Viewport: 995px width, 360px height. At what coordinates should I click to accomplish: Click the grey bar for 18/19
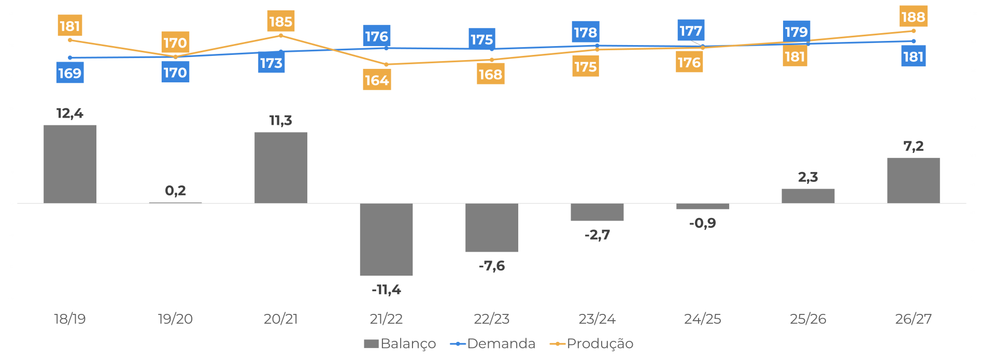[70, 164]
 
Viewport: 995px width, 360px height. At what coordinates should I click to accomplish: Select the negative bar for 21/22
[386, 239]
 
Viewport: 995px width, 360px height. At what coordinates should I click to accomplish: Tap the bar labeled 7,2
[913, 180]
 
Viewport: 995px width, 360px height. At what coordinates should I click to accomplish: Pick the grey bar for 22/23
[492, 227]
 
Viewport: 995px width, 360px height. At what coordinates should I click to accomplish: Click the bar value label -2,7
[597, 235]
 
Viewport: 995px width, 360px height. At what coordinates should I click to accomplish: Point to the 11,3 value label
[281, 121]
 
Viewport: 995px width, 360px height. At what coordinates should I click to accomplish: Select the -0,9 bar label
[702, 223]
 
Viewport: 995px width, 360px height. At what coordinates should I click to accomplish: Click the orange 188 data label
[913, 17]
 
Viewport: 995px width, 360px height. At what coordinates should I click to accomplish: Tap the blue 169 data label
[70, 73]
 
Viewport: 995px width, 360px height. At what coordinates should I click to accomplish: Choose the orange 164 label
[377, 80]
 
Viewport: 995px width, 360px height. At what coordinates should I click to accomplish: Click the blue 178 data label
[586, 33]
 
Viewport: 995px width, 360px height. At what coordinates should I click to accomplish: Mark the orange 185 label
[281, 22]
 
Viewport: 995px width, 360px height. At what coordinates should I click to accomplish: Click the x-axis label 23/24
[597, 319]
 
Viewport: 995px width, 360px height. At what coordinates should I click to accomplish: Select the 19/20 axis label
[175, 319]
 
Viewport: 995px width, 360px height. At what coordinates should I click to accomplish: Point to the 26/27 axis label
[913, 319]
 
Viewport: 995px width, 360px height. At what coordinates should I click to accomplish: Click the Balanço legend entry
[400, 344]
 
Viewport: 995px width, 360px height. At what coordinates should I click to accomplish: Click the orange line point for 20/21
[281, 35]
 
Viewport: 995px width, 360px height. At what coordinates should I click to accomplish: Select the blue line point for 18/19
[70, 57]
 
